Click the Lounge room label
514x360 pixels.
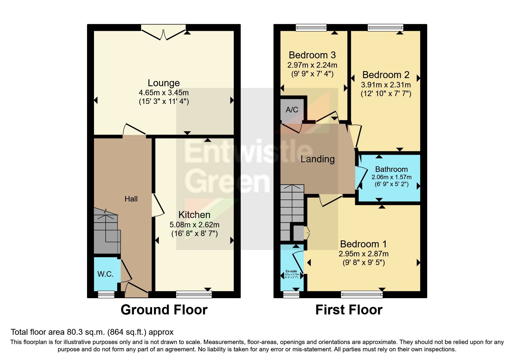point(164,83)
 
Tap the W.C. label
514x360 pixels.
point(105,274)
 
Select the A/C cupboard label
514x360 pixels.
point(292,110)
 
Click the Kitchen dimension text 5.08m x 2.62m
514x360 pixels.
point(194,225)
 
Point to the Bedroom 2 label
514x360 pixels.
point(386,75)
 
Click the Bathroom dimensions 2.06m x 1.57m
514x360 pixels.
point(392,177)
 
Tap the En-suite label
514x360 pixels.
point(291,271)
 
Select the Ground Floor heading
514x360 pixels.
point(164,310)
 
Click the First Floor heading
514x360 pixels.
point(349,310)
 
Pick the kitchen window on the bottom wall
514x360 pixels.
point(194,295)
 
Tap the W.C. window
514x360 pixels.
point(106,295)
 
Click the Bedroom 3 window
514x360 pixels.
point(311,28)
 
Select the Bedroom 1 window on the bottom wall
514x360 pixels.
point(362,295)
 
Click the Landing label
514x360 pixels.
point(318,159)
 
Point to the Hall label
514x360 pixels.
point(131,199)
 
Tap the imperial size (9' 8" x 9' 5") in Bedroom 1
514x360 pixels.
point(364,263)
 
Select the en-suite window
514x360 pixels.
point(291,295)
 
